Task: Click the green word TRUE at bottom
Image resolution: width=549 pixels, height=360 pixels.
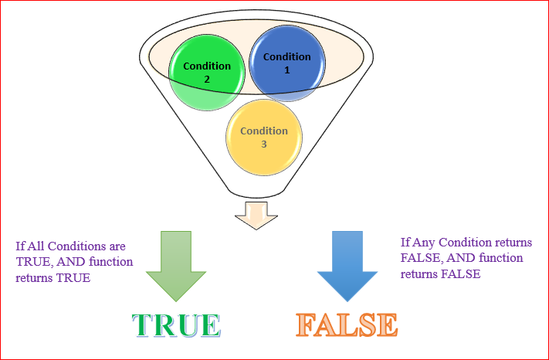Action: click(175, 324)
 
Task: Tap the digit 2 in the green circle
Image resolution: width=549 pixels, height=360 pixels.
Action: click(207, 78)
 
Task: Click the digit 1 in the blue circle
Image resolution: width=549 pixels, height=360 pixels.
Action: click(287, 70)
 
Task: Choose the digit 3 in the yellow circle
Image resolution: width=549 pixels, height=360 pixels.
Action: click(264, 143)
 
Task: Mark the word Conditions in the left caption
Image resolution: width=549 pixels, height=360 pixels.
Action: click(74, 247)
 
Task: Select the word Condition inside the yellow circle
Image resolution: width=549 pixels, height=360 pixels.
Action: click(264, 131)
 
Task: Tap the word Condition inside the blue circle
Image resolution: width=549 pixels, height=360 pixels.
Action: click(287, 57)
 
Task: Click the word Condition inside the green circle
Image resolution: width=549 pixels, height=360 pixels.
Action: click(207, 66)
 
